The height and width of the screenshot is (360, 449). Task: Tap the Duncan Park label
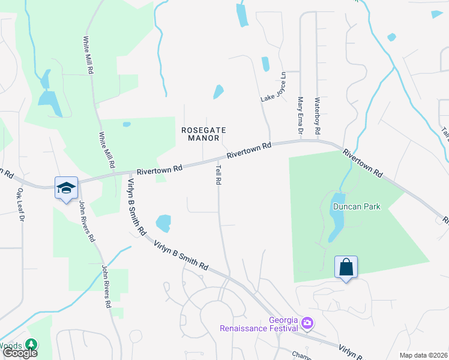click(357, 206)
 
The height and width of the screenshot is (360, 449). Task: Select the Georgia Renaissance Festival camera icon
click(308, 323)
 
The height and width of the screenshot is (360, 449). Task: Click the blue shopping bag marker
click(346, 266)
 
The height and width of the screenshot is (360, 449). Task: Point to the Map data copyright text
click(423, 355)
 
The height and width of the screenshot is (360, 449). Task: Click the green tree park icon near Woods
click(31, 345)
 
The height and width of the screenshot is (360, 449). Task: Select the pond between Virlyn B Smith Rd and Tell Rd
click(163, 223)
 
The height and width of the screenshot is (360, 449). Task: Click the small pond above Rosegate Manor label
click(218, 92)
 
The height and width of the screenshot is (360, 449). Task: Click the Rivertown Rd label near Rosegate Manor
click(159, 170)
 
